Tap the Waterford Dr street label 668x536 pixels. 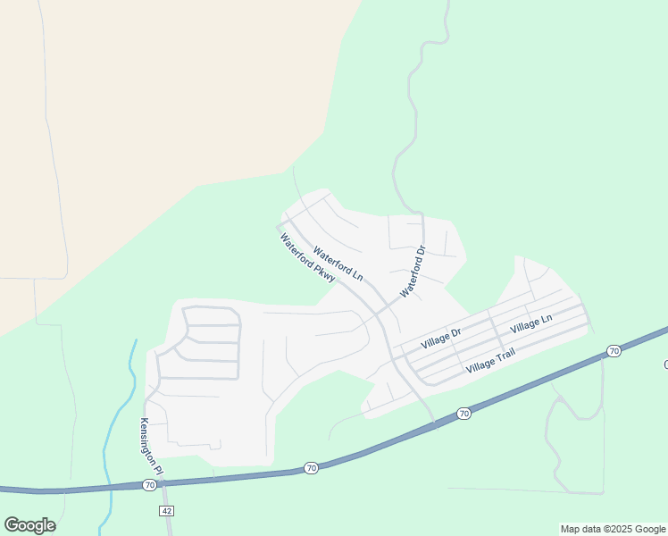pyautogui.click(x=413, y=272)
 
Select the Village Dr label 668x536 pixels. pyautogui.click(x=441, y=338)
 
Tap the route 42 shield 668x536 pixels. pyautogui.click(x=166, y=509)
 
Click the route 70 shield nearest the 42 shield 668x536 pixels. pyautogui.click(x=148, y=484)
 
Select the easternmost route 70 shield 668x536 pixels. pyautogui.click(x=614, y=351)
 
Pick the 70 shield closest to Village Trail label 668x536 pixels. pyautogui.click(x=463, y=413)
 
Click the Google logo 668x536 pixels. pyautogui.click(x=29, y=525)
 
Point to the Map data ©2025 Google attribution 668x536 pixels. pyautogui.click(x=614, y=529)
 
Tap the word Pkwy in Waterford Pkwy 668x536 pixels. pyautogui.click(x=325, y=273)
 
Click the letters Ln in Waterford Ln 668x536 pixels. pyautogui.click(x=357, y=275)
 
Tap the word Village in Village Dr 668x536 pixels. pyautogui.click(x=434, y=340)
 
